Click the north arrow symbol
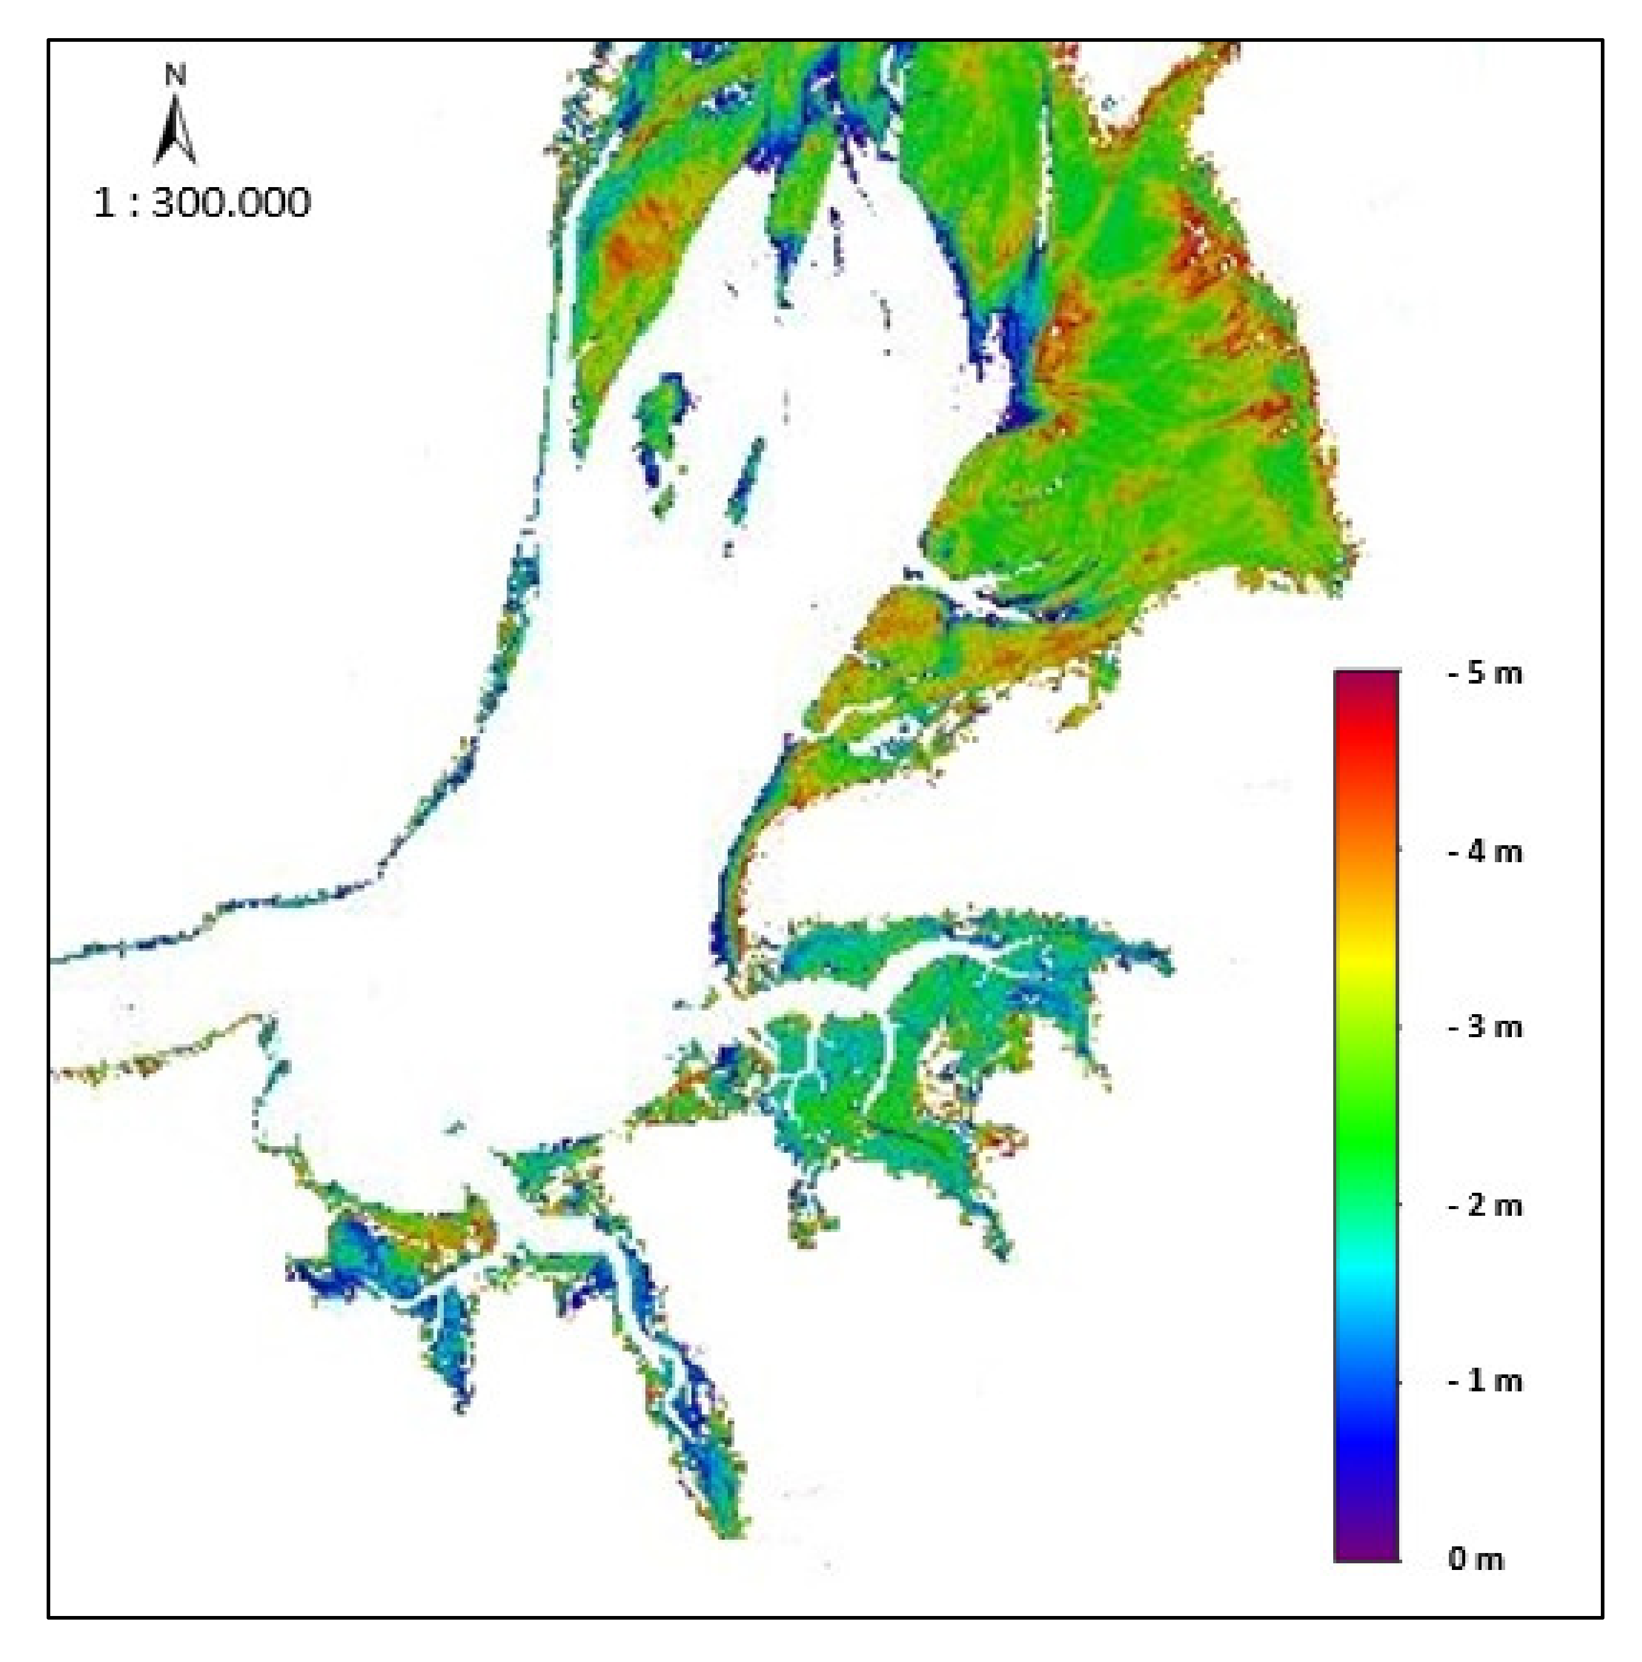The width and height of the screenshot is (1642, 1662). coord(176,131)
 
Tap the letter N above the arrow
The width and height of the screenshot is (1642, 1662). coord(176,76)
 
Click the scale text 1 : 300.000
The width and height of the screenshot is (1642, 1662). coord(201,203)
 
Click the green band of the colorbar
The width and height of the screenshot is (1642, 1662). coord(1366,1118)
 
